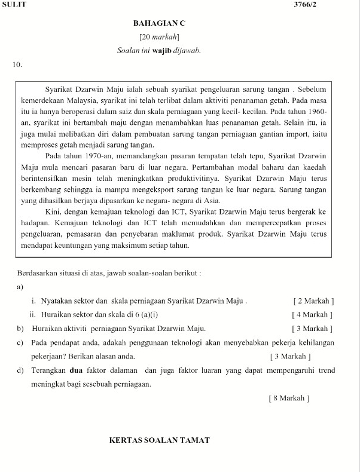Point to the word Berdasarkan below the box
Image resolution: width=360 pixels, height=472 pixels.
39,274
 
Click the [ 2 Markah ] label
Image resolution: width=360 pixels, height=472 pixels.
313,301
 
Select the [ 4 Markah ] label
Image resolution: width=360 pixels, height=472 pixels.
312,315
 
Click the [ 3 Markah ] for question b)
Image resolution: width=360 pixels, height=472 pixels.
312,329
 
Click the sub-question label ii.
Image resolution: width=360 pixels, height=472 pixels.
33,315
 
